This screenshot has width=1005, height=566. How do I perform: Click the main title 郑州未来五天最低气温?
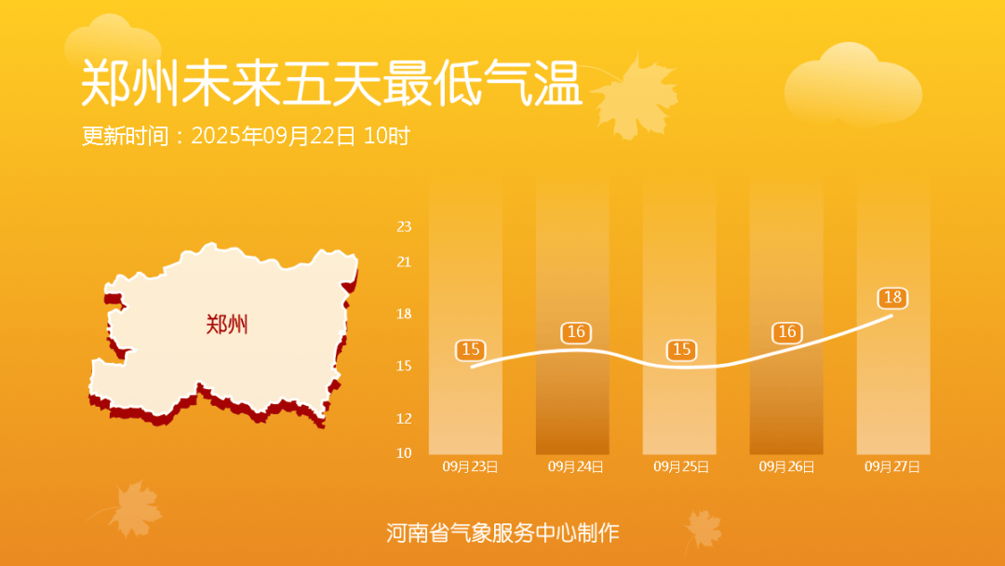click(331, 84)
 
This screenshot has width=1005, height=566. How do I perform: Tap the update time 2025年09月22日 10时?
click(301, 136)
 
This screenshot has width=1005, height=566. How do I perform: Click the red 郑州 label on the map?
click(227, 324)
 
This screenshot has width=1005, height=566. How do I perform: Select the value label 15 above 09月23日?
click(471, 350)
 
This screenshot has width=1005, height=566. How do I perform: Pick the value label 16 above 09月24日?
click(576, 332)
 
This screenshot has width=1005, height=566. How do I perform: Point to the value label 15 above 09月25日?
click(681, 350)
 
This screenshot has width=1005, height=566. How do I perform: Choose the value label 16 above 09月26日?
click(787, 332)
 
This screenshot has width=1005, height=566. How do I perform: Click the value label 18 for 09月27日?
click(892, 297)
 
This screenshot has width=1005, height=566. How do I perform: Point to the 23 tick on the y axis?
click(404, 226)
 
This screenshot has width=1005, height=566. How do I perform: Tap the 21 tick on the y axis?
click(404, 262)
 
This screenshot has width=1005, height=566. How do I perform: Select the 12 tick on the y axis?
click(404, 419)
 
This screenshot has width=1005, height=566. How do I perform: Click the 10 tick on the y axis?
click(404, 453)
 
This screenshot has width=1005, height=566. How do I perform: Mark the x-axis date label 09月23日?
click(470, 466)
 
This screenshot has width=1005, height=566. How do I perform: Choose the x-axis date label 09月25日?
click(680, 466)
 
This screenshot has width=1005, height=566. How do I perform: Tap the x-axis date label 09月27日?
click(892, 466)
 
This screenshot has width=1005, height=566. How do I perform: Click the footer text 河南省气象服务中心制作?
click(502, 532)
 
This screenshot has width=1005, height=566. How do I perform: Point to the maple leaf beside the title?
click(636, 96)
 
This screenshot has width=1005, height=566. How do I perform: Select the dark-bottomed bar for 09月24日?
click(572, 317)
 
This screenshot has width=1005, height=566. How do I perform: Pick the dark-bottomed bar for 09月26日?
click(786, 317)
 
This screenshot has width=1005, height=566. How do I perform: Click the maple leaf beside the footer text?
click(703, 530)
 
